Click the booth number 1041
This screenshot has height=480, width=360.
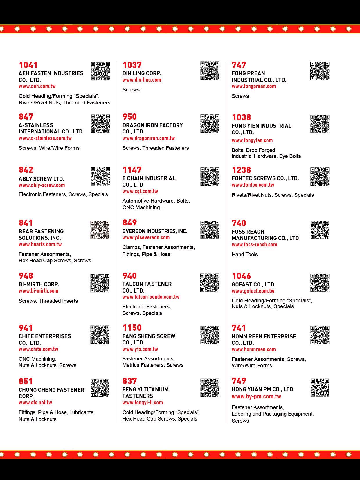pyautogui.click(x=28, y=65)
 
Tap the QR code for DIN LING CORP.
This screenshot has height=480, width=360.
pyautogui.click(x=210, y=71)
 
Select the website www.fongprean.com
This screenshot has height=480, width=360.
pyautogui.click(x=254, y=86)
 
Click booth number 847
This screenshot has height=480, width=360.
pyautogui.click(x=26, y=117)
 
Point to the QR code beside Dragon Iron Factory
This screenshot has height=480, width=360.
pyautogui.click(x=210, y=124)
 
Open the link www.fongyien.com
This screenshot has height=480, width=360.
pyautogui.click(x=252, y=140)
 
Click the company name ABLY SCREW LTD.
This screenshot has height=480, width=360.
pyautogui.click(x=41, y=179)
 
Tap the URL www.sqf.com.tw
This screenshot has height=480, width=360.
pyautogui.click(x=140, y=191)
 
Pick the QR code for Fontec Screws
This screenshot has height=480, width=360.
pyautogui.click(x=320, y=176)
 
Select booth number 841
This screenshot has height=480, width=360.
pyautogui.click(x=26, y=223)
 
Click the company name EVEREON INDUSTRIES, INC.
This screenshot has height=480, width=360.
pyautogui.click(x=155, y=231)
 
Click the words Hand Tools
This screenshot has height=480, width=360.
pyautogui.click(x=244, y=255)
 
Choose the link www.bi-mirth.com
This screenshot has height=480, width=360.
pyautogui.click(x=38, y=291)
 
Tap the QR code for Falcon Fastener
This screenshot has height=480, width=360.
pyautogui.click(x=210, y=283)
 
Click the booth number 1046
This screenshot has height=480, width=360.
pyautogui.click(x=241, y=276)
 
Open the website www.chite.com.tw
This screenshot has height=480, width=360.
pyautogui.click(x=38, y=349)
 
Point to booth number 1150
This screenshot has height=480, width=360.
pyautogui.click(x=132, y=328)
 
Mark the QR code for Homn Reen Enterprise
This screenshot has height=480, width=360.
pyautogui.click(x=320, y=335)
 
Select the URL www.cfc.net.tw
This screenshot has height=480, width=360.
pyautogui.click(x=35, y=403)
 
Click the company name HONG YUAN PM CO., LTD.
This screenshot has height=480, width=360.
pyautogui.click(x=263, y=389)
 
